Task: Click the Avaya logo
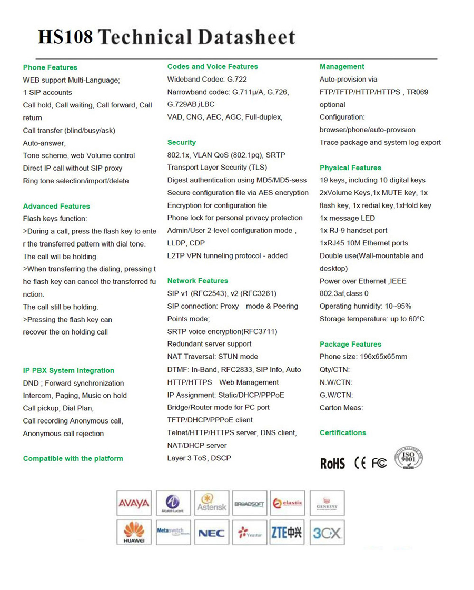coord(134,503)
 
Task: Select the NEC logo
coord(211,533)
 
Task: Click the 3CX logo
coord(327,533)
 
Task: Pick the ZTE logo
coord(288,533)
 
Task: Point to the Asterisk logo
coord(211,503)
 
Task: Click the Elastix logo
coord(288,503)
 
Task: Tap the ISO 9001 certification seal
coord(409,458)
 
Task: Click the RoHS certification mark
coord(332,464)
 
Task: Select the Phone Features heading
coord(50,67)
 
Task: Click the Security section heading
coord(181,142)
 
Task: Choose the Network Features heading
coord(197,281)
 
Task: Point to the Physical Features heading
coord(350,168)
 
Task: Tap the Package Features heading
coord(350,344)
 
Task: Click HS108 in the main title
coord(65,38)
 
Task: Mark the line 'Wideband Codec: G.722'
coord(207,80)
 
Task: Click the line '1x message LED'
coord(347,218)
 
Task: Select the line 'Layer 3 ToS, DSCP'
coord(199,458)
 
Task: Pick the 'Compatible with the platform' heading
coord(73,458)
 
